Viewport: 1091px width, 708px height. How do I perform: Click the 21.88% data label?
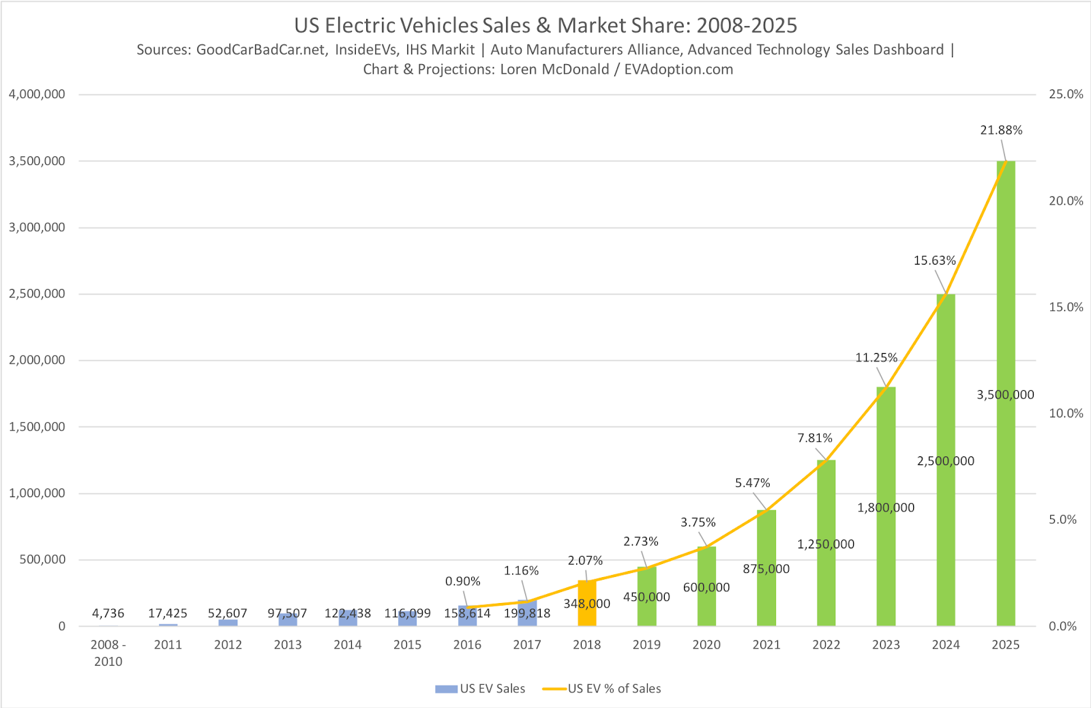point(1001,130)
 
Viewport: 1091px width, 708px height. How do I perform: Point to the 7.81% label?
point(815,438)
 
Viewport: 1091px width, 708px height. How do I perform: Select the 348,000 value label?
point(586,604)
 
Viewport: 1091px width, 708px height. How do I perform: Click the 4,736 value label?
point(108,613)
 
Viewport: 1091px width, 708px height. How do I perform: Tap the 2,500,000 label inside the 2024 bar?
point(946,461)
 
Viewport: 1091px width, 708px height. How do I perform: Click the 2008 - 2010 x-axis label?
point(108,653)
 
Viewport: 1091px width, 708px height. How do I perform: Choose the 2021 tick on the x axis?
point(766,645)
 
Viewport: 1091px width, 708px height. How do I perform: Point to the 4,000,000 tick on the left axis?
point(37,94)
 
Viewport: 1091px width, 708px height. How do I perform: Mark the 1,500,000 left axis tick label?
point(37,427)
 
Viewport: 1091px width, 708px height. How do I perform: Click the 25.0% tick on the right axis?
point(1066,94)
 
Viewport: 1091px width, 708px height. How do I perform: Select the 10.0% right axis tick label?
point(1066,413)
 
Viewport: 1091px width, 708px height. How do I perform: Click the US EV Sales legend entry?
point(481,689)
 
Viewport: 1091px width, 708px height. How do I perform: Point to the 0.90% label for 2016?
point(463,581)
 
